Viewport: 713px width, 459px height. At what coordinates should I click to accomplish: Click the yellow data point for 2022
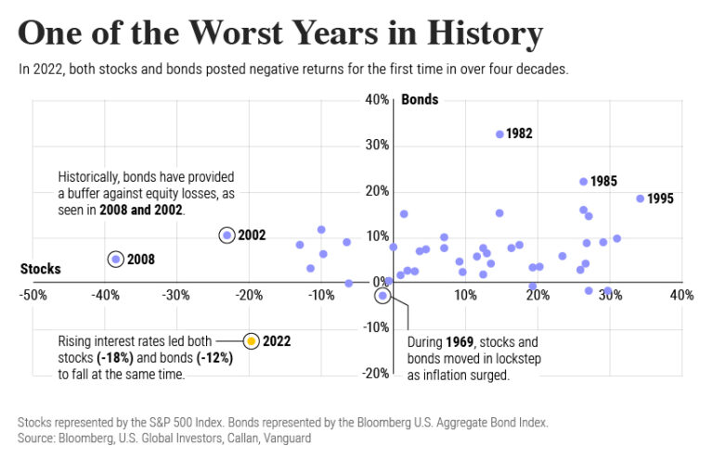click(251, 340)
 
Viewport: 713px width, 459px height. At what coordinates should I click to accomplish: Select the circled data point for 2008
click(115, 260)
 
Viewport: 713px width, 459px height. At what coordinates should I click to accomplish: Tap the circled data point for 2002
click(227, 236)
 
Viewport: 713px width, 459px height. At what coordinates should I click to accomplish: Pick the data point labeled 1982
click(499, 134)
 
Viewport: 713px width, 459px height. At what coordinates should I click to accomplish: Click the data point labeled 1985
click(583, 182)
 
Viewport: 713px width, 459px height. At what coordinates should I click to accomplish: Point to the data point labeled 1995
click(640, 198)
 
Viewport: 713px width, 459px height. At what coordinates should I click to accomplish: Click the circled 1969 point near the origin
click(382, 295)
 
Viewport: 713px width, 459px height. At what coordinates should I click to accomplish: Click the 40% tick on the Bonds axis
click(375, 100)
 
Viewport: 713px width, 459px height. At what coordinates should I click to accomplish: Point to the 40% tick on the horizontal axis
click(681, 296)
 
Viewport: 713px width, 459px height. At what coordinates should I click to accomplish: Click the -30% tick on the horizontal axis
click(176, 296)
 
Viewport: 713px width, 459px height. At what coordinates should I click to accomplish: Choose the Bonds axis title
click(420, 100)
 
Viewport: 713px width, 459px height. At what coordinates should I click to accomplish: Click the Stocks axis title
click(40, 270)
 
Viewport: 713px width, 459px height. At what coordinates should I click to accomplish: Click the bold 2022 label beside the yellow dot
click(278, 340)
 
